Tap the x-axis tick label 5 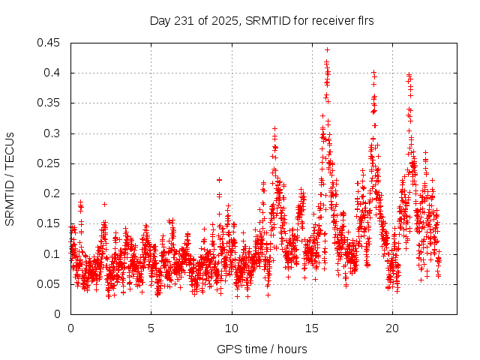tap(151, 328)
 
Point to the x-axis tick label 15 tap(311, 328)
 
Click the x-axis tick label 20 tap(391, 328)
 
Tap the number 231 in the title tap(182, 21)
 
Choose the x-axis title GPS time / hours tap(262, 349)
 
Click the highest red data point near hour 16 tap(327, 49)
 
